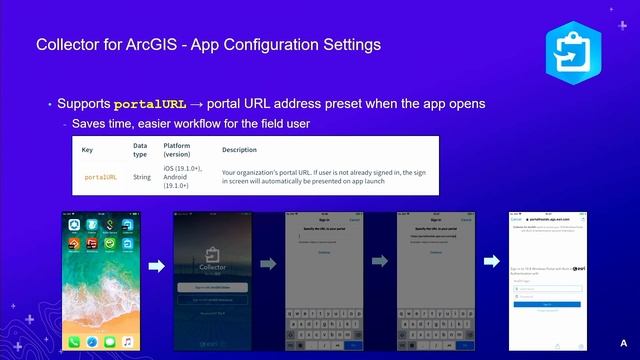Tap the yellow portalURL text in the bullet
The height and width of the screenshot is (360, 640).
[150, 104]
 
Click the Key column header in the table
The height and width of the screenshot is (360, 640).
[87, 149]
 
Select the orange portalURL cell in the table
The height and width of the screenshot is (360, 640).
[100, 176]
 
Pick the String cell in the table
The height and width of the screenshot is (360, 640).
[142, 176]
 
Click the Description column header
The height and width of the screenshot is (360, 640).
[239, 149]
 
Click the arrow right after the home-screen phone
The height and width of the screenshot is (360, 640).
[156, 266]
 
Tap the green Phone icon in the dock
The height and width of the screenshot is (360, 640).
[75, 342]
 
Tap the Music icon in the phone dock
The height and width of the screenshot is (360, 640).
[127, 342]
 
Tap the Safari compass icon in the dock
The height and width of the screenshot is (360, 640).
[92, 342]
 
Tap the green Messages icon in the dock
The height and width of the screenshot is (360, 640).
[110, 342]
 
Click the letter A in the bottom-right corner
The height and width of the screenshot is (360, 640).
[622, 343]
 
